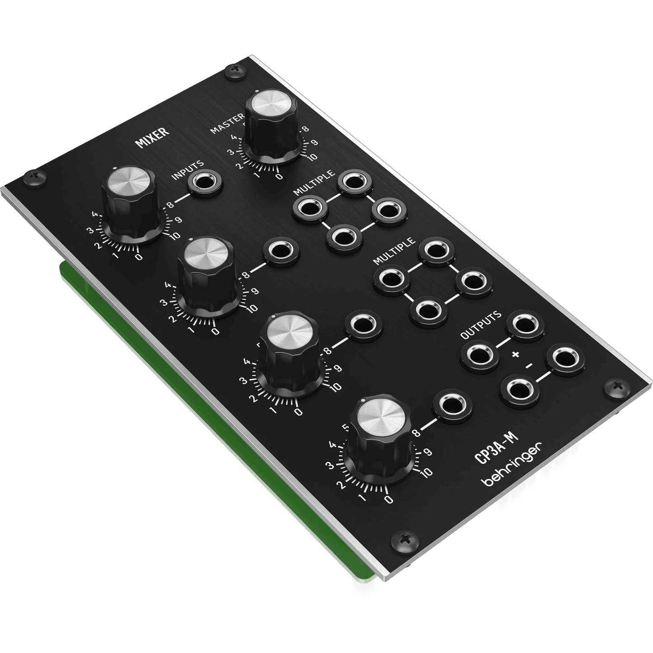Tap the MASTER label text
click(x=227, y=123)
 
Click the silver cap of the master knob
click(x=271, y=103)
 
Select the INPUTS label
click(x=188, y=169)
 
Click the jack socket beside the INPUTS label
click(x=205, y=183)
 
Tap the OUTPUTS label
click(x=480, y=324)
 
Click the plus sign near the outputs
click(x=516, y=354)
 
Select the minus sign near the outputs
click(x=529, y=366)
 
